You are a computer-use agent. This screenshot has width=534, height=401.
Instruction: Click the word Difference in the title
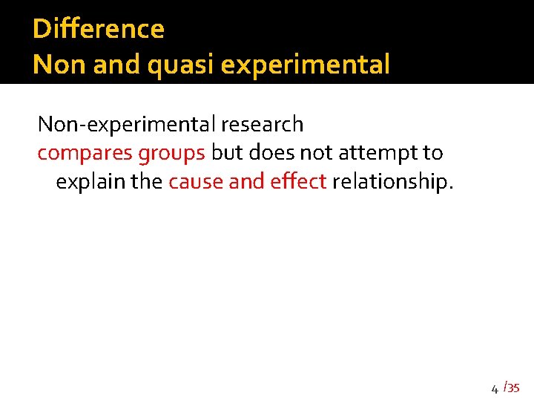99,29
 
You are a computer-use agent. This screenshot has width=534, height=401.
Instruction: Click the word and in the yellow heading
119,65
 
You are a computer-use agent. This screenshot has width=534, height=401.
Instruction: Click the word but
226,152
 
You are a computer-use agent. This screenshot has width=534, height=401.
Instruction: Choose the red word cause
196,183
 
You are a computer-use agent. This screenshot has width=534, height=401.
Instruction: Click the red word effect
301,182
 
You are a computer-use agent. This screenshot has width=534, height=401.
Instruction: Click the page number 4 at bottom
495,388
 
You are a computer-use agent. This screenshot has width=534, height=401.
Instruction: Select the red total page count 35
514,388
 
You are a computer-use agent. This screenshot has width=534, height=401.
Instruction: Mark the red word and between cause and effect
244,182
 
